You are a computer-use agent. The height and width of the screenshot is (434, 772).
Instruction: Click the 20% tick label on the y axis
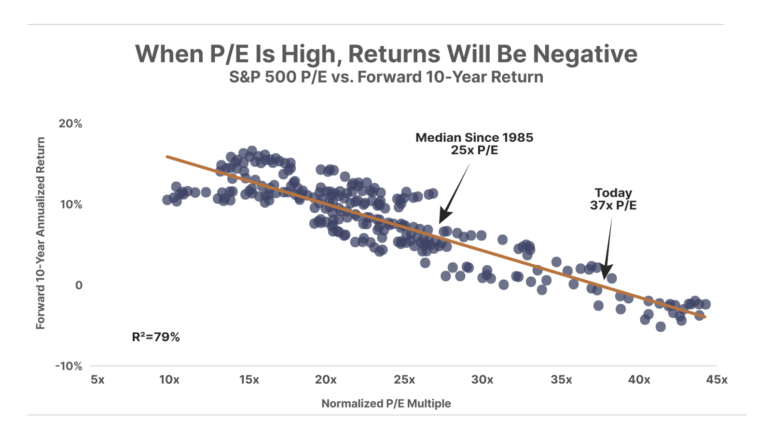coord(70,123)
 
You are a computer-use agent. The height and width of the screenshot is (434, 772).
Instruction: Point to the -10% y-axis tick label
coord(69,366)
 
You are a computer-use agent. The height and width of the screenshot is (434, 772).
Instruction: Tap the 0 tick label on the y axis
coord(79,285)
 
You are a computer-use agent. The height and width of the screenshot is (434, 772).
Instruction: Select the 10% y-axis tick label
coord(71,204)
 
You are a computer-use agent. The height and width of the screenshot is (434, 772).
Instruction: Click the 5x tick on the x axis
coord(97,380)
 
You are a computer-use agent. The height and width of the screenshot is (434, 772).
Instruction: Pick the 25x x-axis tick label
coord(404,380)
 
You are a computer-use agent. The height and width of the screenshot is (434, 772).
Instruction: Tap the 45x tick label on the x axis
coord(717,380)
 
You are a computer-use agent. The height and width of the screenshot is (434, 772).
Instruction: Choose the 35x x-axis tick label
coord(561,380)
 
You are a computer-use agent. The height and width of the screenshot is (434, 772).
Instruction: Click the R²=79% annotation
coord(156,337)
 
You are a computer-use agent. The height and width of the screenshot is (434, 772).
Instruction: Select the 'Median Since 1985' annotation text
coord(474,138)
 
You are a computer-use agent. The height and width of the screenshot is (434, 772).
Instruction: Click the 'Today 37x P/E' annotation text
coord(613,199)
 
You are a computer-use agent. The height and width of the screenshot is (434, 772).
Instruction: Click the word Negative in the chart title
coord(585,54)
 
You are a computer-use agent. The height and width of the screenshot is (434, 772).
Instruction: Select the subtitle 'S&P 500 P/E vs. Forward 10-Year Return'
coord(386,77)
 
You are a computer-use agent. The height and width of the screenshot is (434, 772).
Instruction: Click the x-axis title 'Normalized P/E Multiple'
coord(386,403)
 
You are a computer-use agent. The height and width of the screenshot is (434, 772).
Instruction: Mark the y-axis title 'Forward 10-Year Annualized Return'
coord(41,233)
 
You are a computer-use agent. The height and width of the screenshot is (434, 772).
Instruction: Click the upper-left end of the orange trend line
coord(167,156)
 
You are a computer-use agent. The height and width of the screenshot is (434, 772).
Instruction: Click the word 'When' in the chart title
coord(169,54)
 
